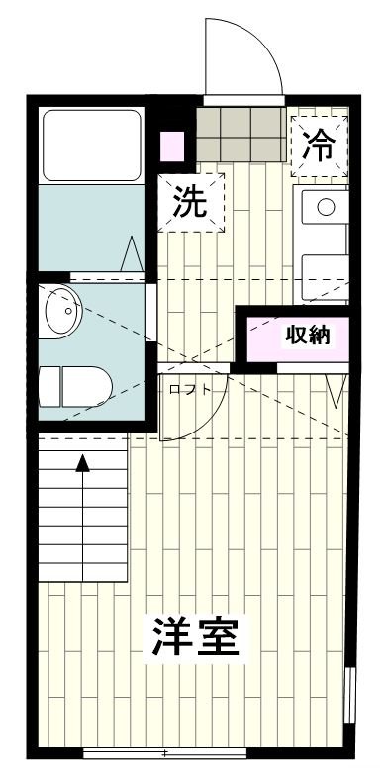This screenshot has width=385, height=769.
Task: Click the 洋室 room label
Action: tap(195, 638)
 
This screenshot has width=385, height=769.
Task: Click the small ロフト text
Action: tap(189, 389)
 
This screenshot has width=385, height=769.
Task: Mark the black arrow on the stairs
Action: tap(83, 462)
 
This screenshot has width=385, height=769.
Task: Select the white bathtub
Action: tap(91, 144)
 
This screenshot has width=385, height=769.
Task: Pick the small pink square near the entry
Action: tap(172, 144)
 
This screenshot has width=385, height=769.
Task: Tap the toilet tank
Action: tap(49, 385)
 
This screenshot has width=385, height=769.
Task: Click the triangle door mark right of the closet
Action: tap(338, 391)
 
